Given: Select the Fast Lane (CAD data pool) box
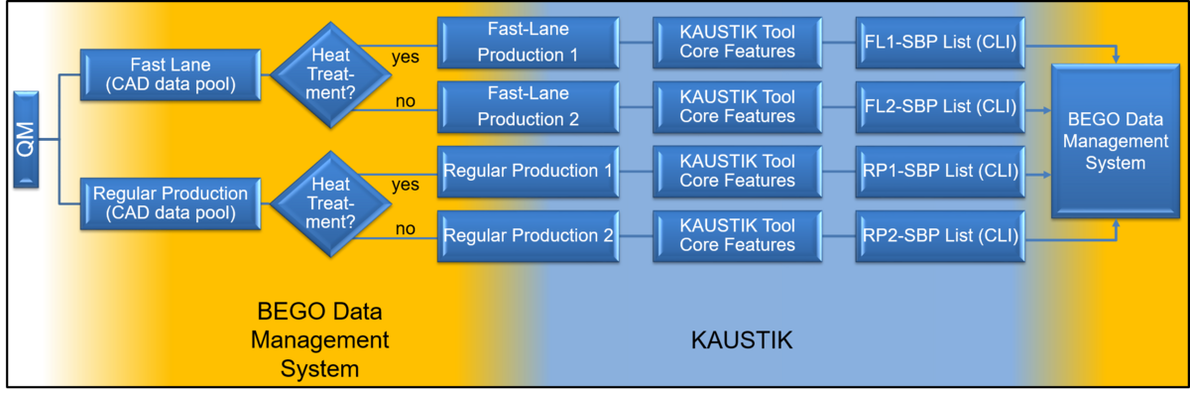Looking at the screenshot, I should (x=171, y=74).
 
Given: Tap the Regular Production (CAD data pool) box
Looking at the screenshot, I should (x=171, y=202).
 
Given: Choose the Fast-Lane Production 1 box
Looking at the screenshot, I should (x=528, y=42).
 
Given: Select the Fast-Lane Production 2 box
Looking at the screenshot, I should (x=528, y=105).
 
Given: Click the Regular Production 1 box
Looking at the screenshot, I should (x=528, y=171).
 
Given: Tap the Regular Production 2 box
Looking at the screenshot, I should (x=528, y=236).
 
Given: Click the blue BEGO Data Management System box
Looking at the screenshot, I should (x=1115, y=140).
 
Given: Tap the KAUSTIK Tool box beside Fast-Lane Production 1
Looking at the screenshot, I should (x=737, y=42).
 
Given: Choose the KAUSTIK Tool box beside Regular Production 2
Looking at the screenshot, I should (x=737, y=236).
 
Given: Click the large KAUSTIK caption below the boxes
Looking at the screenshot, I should (x=742, y=340).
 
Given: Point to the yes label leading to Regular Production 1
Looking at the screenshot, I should (x=405, y=185).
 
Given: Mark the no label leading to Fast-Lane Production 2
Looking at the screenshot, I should (x=405, y=100).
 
